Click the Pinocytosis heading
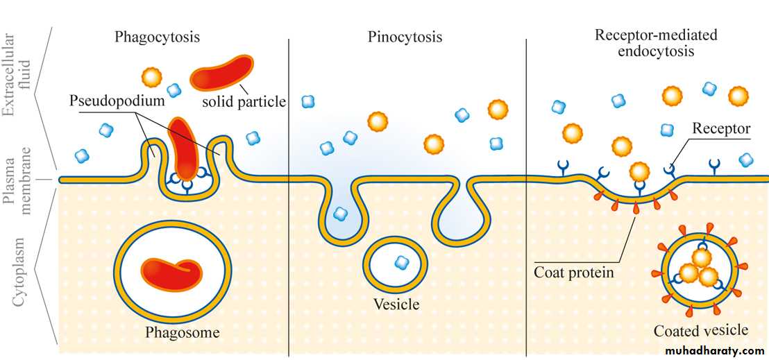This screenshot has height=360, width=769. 405,37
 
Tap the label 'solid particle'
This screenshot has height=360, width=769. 244,102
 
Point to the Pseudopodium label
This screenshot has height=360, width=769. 117,101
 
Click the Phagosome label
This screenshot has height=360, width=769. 182,332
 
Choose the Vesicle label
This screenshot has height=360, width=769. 396,304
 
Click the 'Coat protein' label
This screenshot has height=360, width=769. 573,272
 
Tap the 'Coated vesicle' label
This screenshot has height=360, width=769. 701,330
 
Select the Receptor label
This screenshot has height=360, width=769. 721,128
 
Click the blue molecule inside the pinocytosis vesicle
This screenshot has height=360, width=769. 400,262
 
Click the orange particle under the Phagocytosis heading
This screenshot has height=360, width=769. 151,76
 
